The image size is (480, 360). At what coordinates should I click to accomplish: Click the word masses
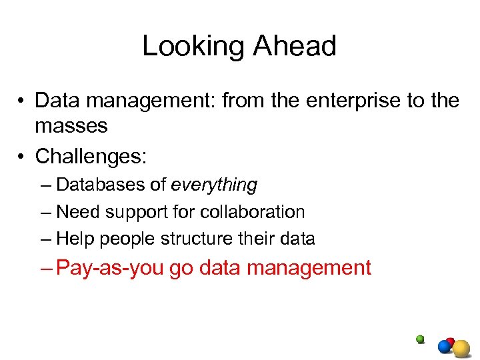tap(71, 125)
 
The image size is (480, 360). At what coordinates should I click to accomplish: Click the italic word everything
tap(214, 185)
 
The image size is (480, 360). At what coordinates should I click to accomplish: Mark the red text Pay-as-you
tap(110, 268)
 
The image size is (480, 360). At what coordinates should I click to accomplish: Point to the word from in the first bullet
tap(243, 101)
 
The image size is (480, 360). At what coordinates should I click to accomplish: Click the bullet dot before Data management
tap(21, 101)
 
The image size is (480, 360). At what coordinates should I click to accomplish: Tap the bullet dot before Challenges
tap(21, 157)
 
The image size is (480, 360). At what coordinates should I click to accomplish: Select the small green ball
tap(420, 339)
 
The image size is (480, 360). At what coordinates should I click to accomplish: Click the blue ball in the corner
tap(445, 347)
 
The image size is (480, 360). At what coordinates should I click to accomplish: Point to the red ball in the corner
tap(451, 341)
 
